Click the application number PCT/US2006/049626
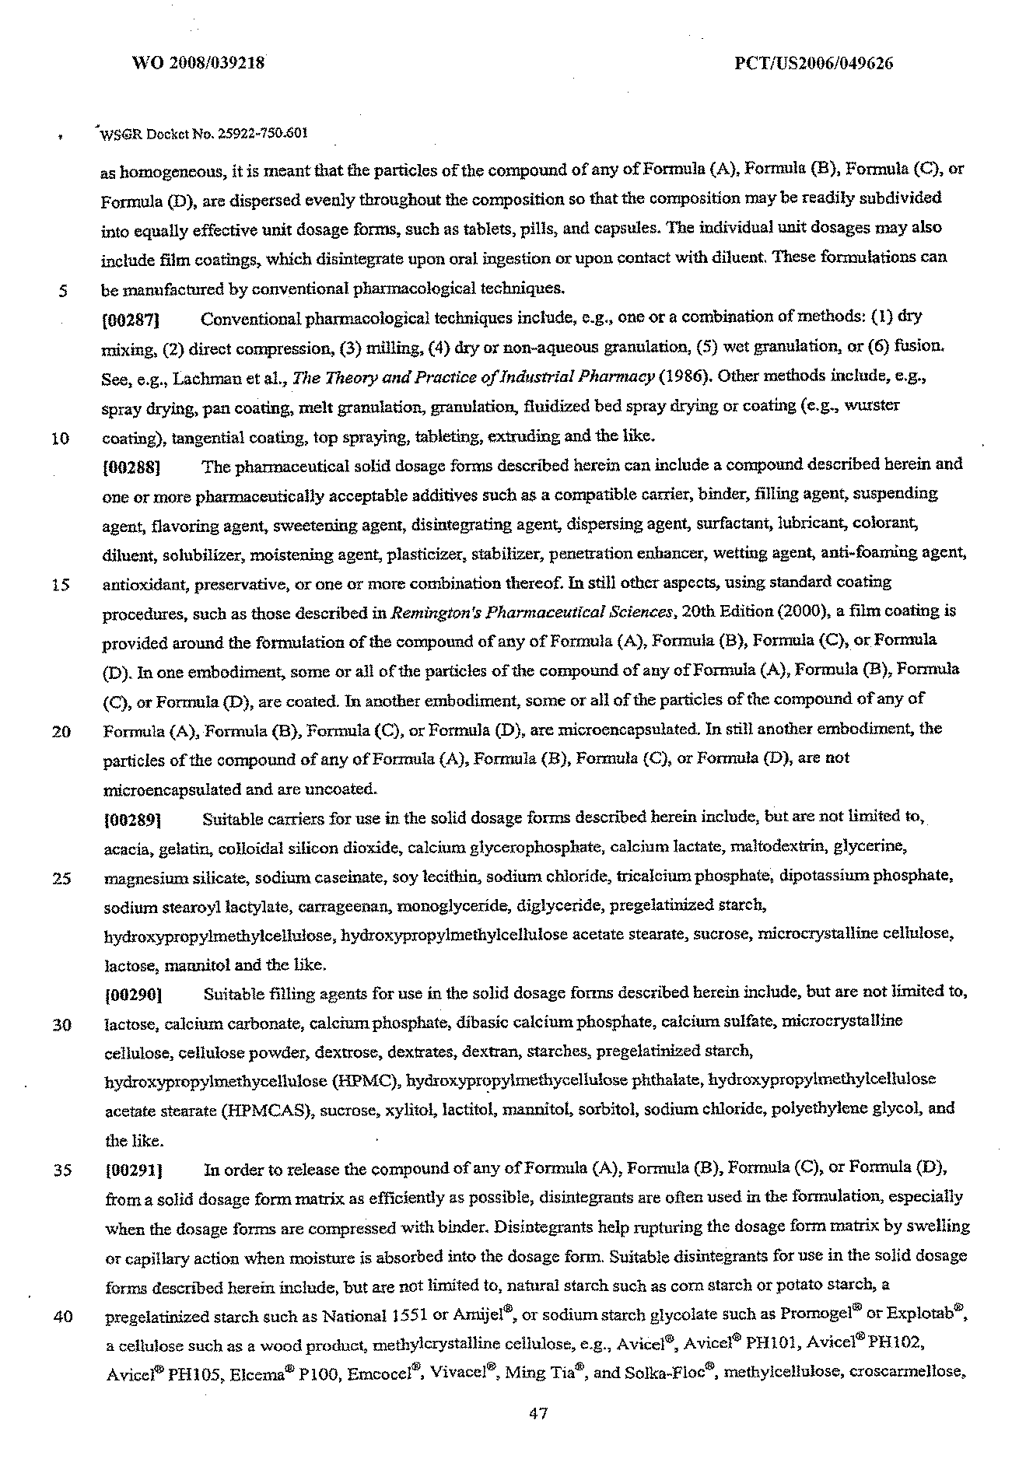814,64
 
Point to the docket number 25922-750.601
263,133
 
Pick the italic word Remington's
430,613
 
